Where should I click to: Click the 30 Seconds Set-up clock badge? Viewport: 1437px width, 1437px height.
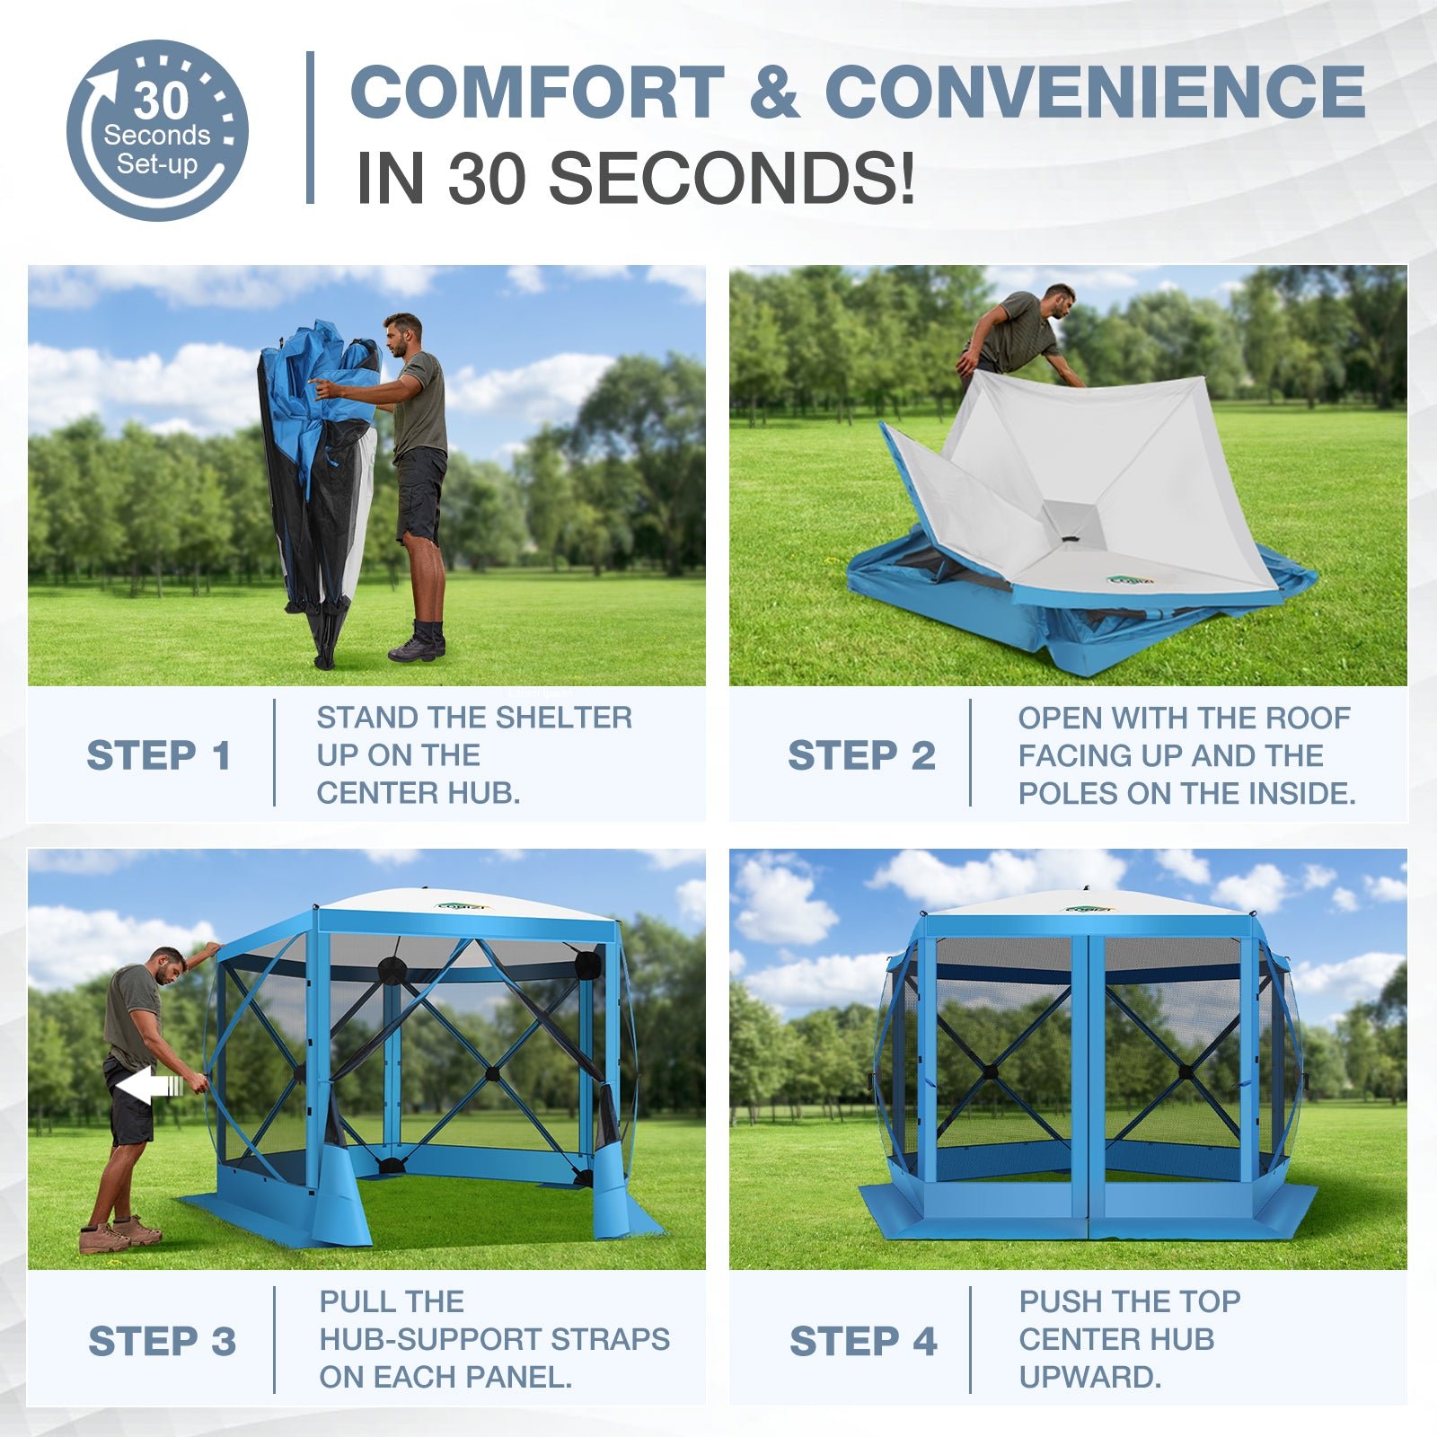[x=157, y=130]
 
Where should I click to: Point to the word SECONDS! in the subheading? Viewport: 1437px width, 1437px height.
[x=731, y=177]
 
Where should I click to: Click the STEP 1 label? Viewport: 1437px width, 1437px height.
[x=158, y=755]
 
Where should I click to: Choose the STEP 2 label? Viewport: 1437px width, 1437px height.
[x=861, y=755]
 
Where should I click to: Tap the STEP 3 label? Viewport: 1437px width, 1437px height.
[x=162, y=1341]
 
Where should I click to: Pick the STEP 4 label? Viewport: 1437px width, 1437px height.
[x=863, y=1341]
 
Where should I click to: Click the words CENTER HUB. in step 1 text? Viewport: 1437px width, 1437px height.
[x=418, y=793]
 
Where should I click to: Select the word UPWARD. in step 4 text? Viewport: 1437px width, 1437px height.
[x=1089, y=1377]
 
